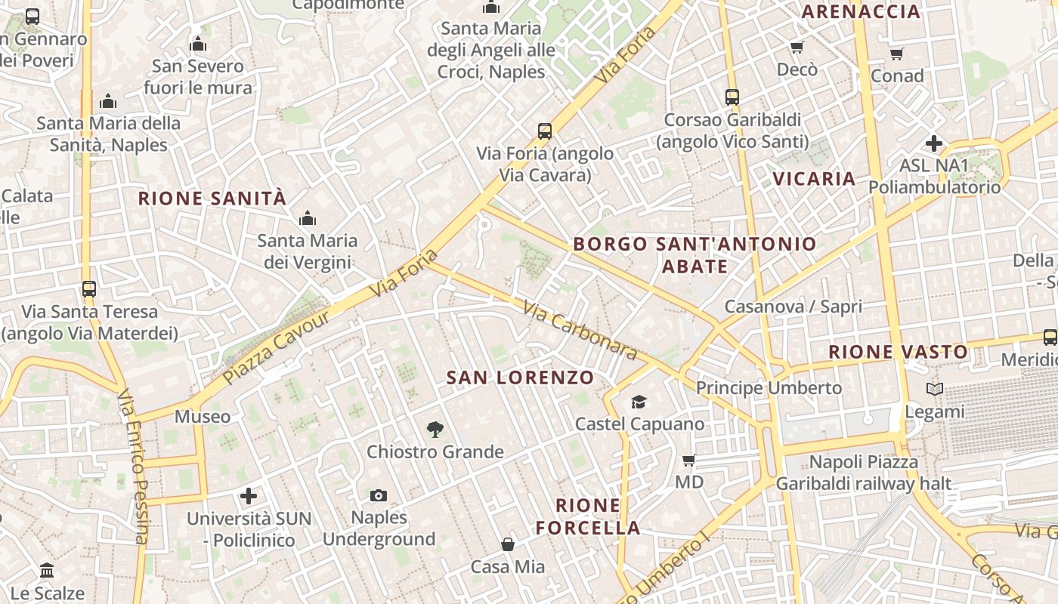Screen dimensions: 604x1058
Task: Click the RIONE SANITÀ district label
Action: click(212, 199)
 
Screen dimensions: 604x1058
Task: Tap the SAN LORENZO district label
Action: click(520, 377)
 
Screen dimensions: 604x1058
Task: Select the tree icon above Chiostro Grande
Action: click(435, 430)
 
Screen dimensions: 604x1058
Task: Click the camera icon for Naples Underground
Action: click(379, 495)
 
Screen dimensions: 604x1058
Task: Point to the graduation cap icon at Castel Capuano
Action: click(639, 402)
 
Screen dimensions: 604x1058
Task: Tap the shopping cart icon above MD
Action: click(688, 460)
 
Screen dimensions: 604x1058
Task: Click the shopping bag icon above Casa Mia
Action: click(508, 544)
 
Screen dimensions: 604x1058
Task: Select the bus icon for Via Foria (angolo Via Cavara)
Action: click(545, 131)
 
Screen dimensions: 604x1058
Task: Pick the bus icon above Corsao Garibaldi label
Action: click(732, 97)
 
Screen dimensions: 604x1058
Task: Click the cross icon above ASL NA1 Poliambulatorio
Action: click(934, 143)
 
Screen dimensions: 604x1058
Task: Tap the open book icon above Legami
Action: click(935, 390)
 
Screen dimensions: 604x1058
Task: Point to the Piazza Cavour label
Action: click(277, 347)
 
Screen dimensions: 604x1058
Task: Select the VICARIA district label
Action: click(814, 179)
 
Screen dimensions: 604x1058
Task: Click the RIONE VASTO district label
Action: click(898, 352)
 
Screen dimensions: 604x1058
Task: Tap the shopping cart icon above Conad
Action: click(896, 54)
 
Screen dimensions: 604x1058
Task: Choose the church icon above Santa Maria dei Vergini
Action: click(307, 219)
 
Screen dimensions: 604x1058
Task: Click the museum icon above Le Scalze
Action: click(47, 570)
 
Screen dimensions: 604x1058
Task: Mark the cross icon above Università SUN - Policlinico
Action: click(249, 496)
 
